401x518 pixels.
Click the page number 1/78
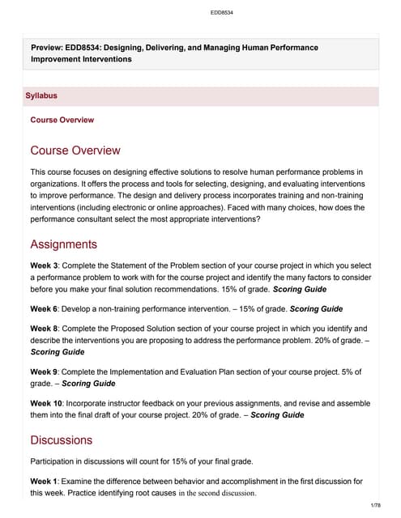tap(374, 506)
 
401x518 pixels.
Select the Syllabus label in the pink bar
tap(41, 96)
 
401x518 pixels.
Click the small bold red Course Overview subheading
tap(62, 120)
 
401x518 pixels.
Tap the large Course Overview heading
tap(75, 151)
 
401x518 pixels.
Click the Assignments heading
tap(63, 244)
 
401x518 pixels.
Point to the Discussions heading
tap(61, 440)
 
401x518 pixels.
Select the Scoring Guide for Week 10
tap(277, 414)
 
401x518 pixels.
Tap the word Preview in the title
tap(49, 48)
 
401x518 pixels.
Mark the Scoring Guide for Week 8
tap(58, 352)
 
